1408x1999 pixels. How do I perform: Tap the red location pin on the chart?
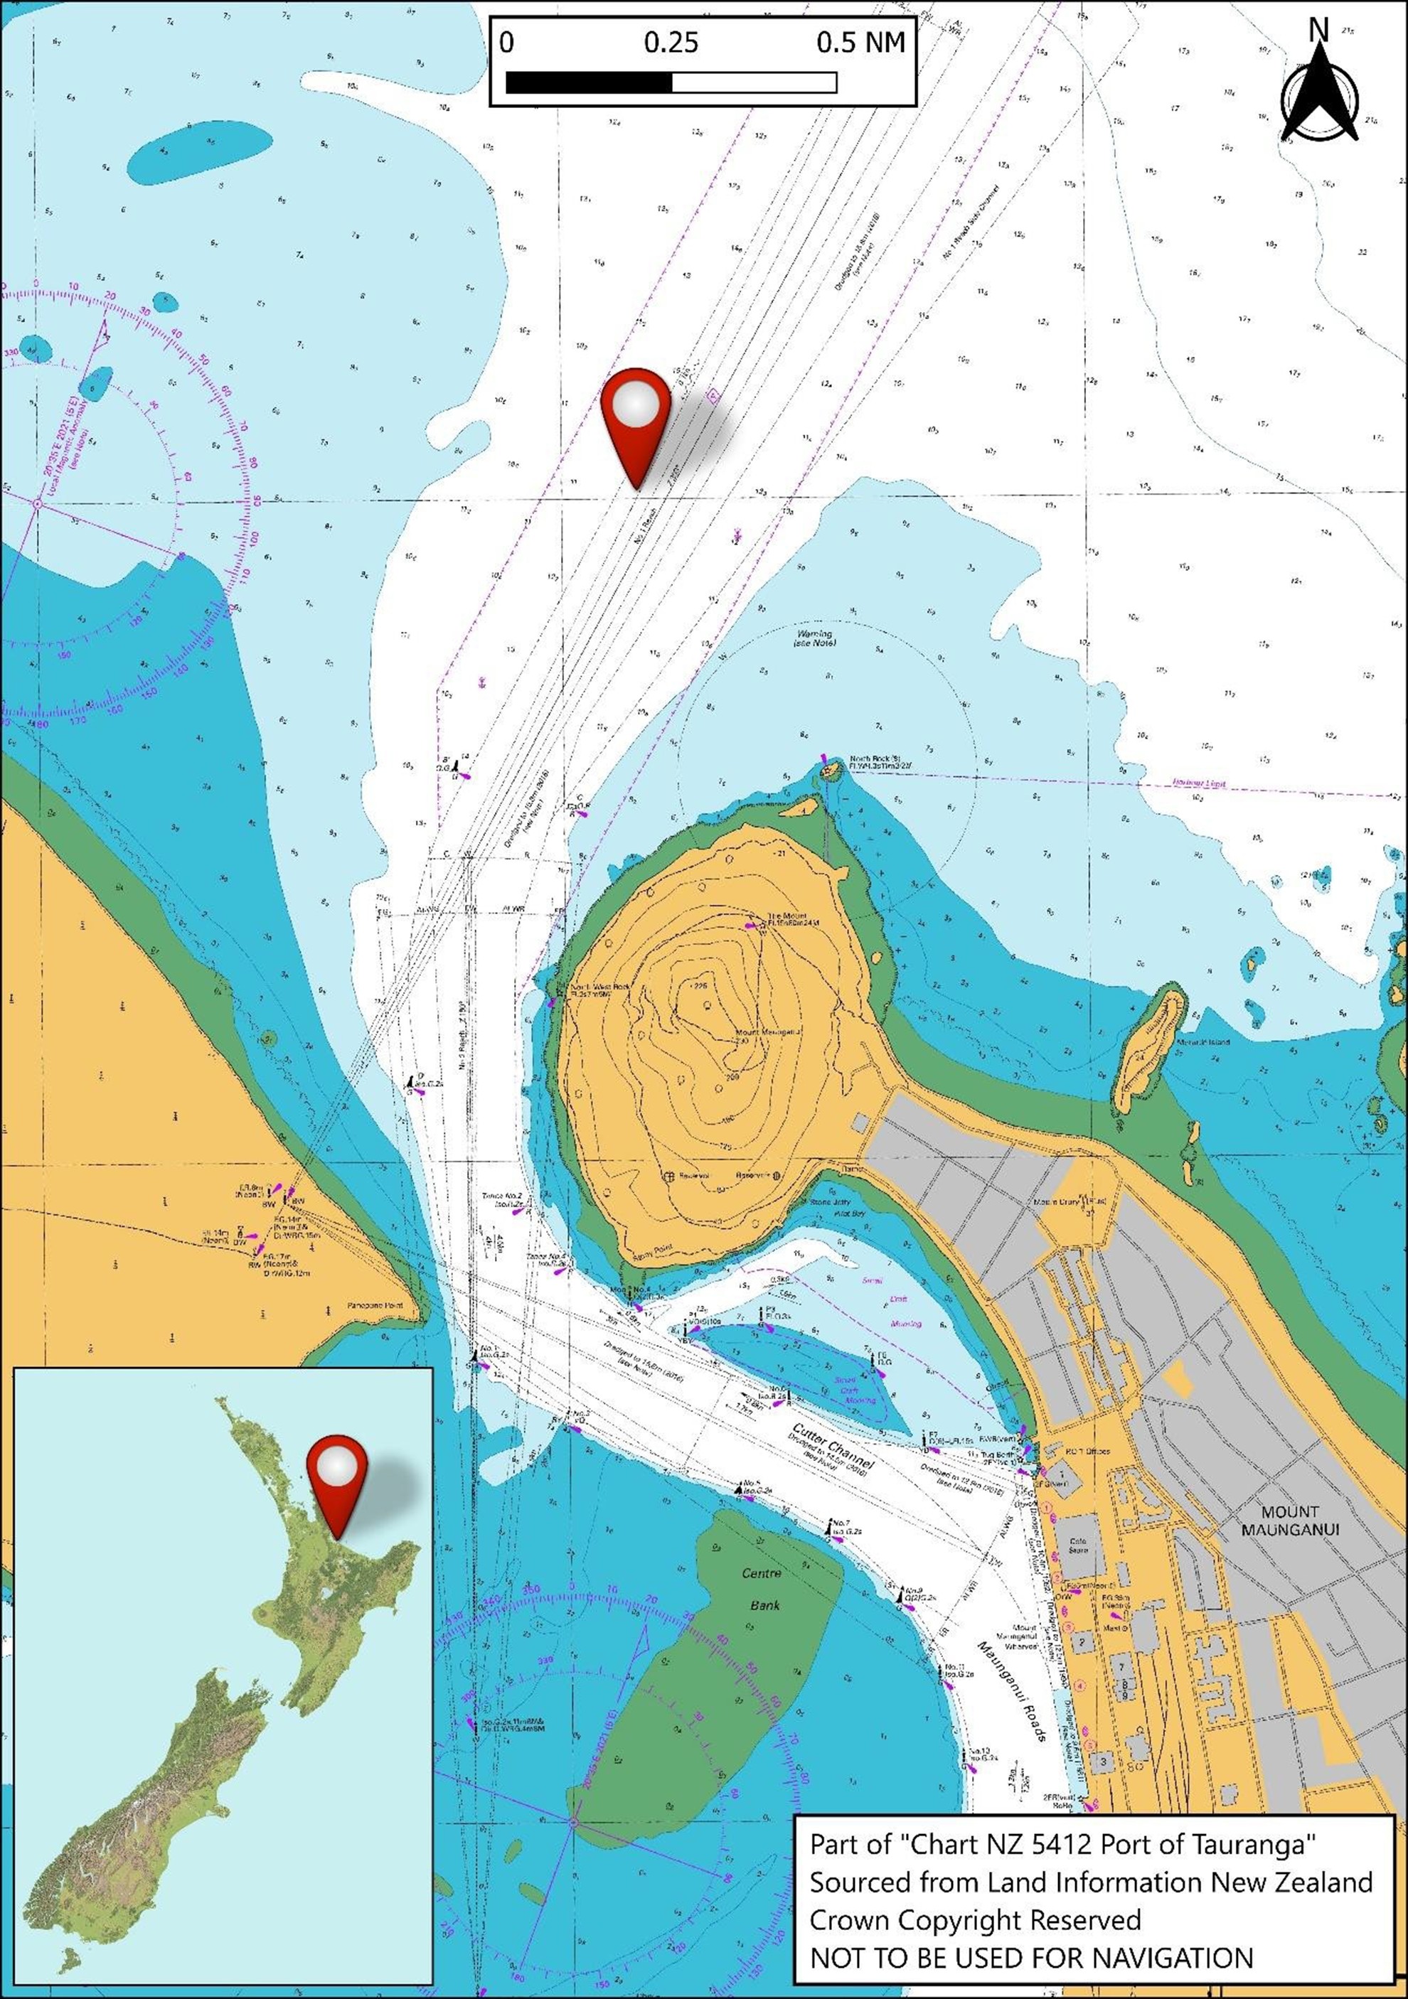(636, 418)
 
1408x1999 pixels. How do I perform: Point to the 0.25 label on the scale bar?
(671, 43)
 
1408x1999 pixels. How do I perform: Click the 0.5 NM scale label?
(860, 43)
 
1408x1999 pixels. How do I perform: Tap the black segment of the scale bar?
(589, 82)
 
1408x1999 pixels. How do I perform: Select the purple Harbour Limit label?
(1199, 783)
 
